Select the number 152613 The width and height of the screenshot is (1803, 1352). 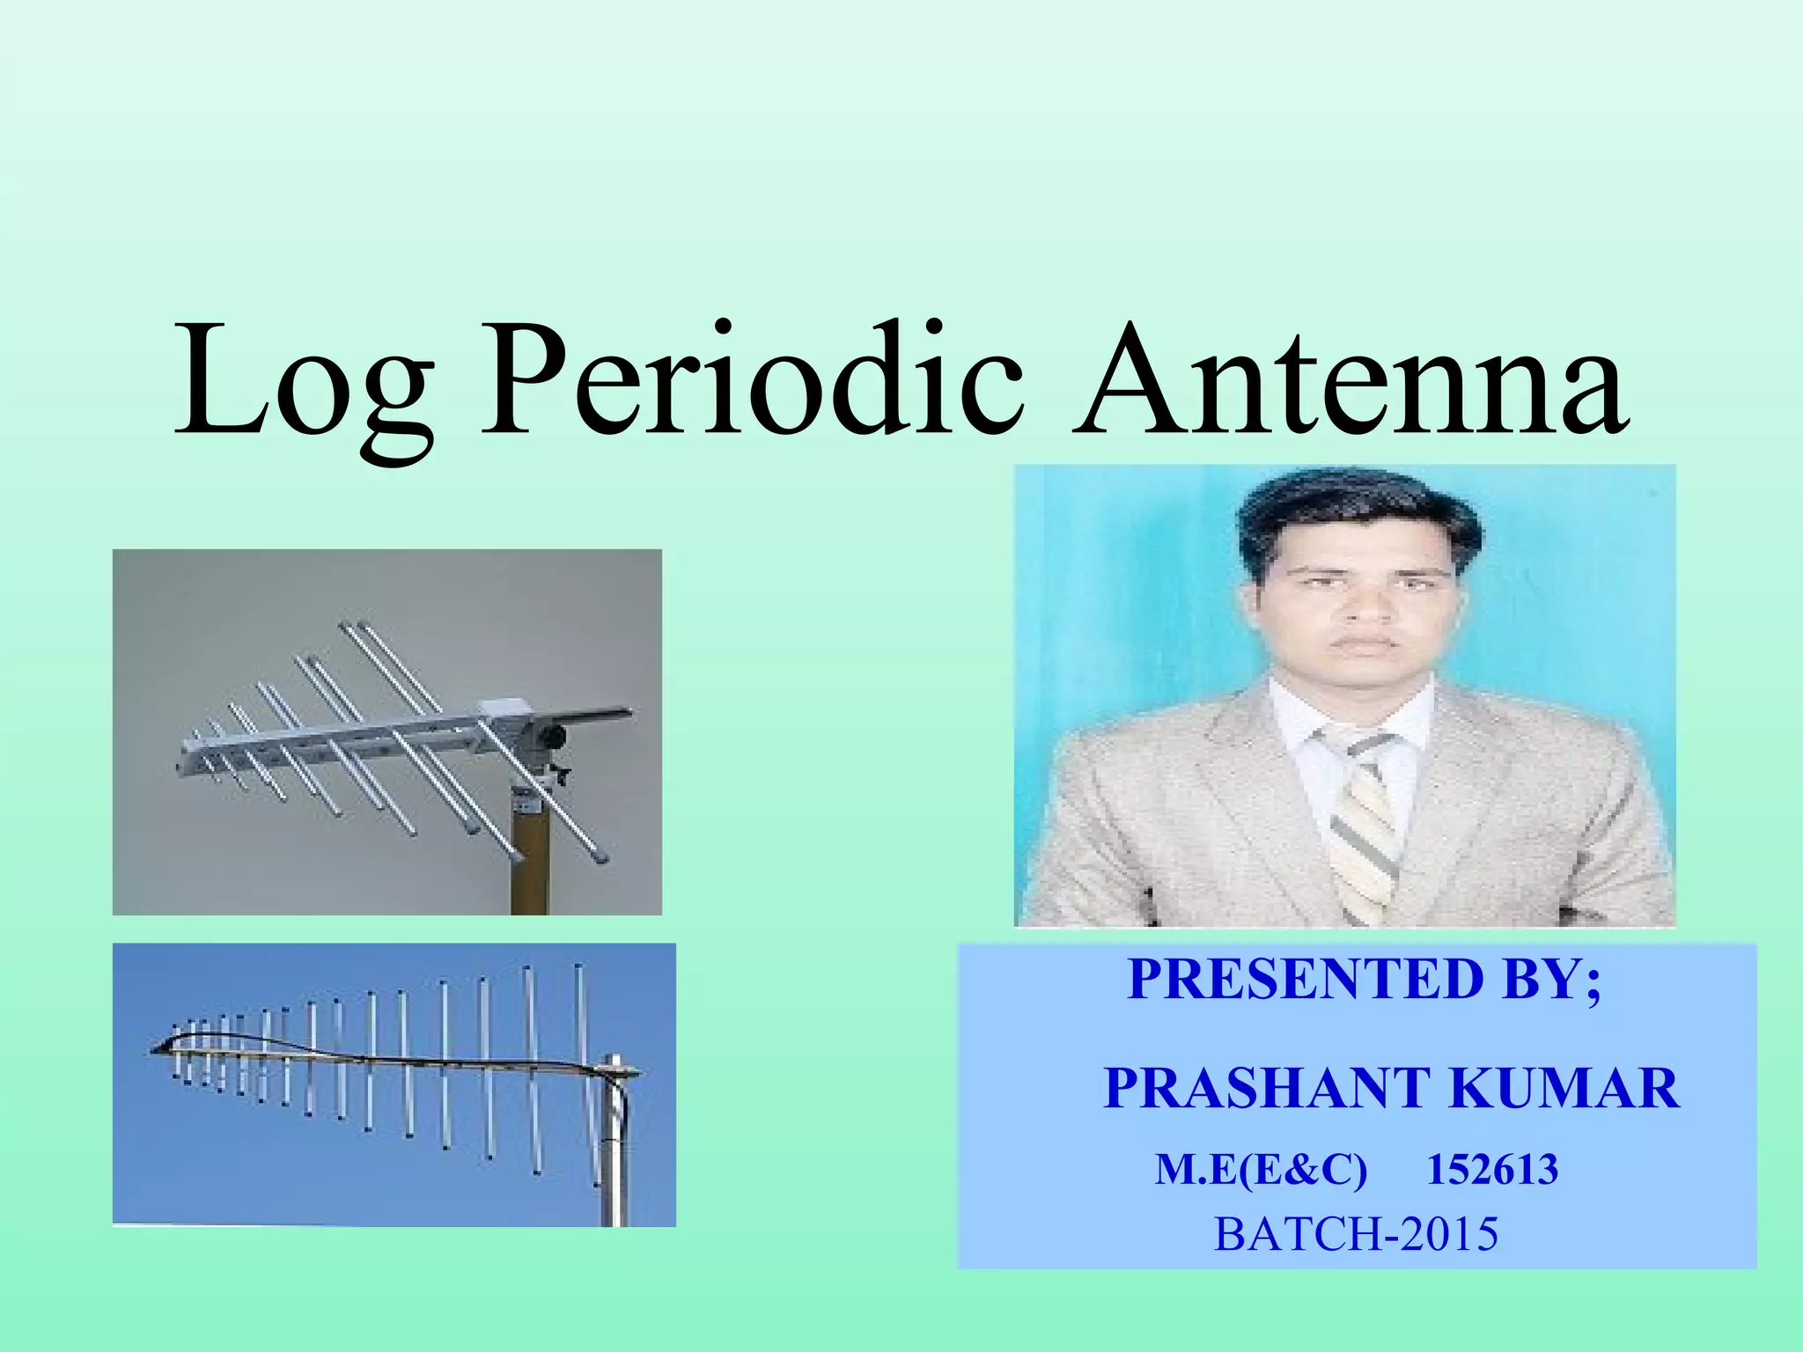click(1492, 1170)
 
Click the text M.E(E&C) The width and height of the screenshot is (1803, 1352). click(1261, 1170)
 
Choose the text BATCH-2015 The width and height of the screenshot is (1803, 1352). click(1356, 1234)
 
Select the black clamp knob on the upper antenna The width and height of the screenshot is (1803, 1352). click(552, 735)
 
